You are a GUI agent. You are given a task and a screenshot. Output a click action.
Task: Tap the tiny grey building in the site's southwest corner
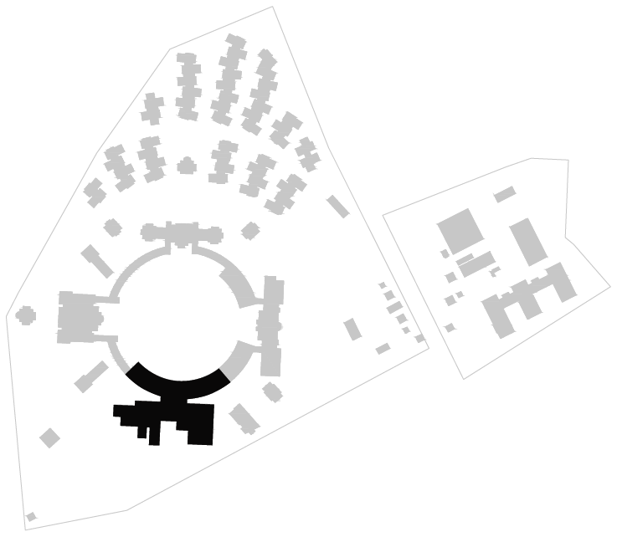click(x=31, y=516)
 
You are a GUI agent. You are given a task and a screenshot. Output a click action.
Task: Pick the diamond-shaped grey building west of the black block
click(x=49, y=437)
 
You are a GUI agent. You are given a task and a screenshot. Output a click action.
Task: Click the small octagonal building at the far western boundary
click(x=26, y=315)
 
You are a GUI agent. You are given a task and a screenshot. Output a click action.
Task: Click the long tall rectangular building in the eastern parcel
click(x=528, y=242)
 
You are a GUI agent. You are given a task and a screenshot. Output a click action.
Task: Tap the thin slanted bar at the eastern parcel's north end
click(x=504, y=195)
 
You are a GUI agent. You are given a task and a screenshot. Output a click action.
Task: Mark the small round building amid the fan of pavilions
click(x=187, y=166)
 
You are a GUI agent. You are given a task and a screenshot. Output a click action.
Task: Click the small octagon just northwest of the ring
click(x=111, y=226)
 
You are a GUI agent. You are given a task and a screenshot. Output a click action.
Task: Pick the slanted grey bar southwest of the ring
click(x=90, y=376)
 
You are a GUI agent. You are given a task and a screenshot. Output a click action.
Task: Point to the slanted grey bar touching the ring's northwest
click(x=97, y=261)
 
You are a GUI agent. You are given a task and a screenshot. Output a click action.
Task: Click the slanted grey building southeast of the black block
click(x=244, y=418)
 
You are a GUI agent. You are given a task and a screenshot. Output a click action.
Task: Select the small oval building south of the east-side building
click(x=270, y=391)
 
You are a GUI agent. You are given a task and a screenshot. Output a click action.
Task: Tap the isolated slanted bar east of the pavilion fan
click(x=337, y=206)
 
